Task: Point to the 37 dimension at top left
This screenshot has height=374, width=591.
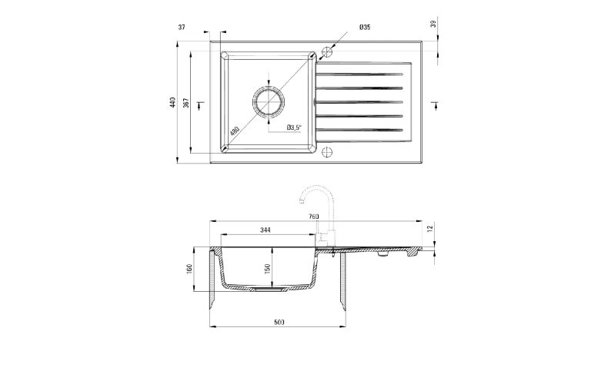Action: tap(182, 28)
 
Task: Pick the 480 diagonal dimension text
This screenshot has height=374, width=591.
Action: tap(235, 131)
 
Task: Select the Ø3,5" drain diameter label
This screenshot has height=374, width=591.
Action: tap(295, 127)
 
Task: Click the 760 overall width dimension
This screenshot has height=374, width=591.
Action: tap(313, 217)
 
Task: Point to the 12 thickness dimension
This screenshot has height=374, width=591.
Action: tap(432, 229)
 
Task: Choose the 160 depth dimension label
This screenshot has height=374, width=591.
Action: tap(189, 270)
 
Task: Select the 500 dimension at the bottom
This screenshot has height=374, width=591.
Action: tap(279, 322)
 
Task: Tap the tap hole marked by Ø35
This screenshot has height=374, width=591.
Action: tap(326, 51)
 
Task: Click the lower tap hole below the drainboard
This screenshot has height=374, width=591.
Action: tap(326, 152)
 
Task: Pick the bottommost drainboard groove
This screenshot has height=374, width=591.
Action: tap(362, 129)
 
